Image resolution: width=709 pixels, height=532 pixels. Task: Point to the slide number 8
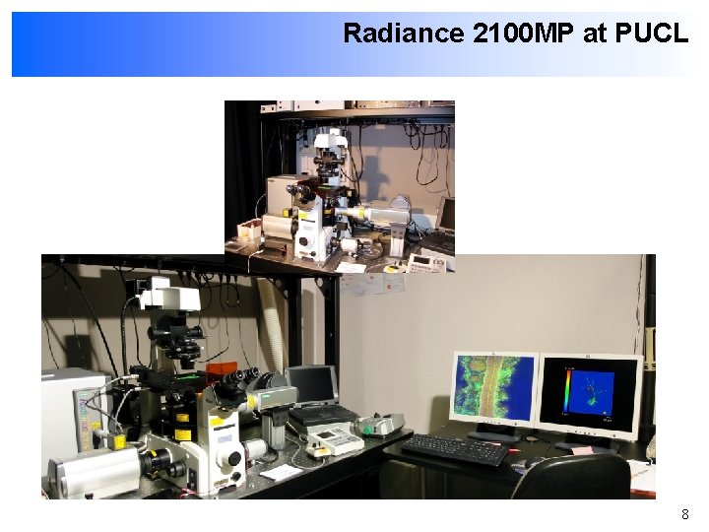tap(685, 514)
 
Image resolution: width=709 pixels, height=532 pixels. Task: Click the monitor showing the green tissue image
tap(494, 390)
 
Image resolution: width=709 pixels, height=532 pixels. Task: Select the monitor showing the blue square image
tap(590, 392)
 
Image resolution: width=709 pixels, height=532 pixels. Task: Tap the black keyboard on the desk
tap(455, 449)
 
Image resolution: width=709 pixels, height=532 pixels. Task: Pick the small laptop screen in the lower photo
tap(313, 386)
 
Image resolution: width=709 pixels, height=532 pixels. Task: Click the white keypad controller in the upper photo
tap(425, 262)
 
